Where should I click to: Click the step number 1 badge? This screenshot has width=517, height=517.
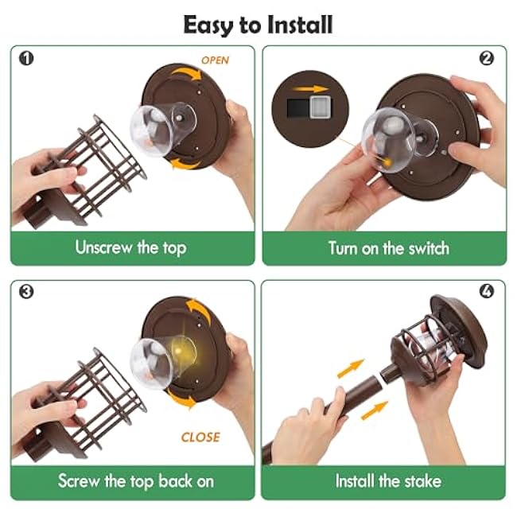click(26, 58)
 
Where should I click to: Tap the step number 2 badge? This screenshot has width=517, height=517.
click(486, 58)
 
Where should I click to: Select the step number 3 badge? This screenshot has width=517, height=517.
click(26, 292)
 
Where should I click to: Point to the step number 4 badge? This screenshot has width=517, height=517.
click(487, 291)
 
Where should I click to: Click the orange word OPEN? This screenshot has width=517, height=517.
click(215, 60)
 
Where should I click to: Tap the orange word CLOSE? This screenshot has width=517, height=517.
click(200, 437)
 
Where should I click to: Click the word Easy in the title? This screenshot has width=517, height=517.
click(208, 25)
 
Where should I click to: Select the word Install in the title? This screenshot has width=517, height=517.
click(299, 25)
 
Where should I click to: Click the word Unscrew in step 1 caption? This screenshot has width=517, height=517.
click(103, 247)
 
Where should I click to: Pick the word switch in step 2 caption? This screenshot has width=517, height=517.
click(429, 248)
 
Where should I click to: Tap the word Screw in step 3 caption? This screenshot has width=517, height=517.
click(79, 480)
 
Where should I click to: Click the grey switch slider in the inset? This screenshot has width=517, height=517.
click(321, 107)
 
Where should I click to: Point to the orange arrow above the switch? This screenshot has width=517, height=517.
click(310, 89)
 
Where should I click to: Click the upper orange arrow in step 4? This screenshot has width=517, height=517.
click(351, 368)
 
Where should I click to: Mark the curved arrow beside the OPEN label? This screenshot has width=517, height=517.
click(186, 73)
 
